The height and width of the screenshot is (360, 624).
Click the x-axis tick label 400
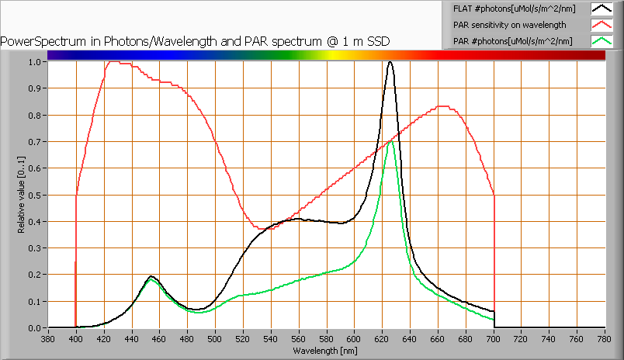pyautogui.click(x=76, y=338)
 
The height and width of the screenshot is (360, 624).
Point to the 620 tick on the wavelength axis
pyautogui.click(x=383, y=338)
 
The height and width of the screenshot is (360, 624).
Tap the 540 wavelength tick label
pyautogui.click(x=271, y=338)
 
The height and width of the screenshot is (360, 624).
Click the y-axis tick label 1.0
pyautogui.click(x=34, y=62)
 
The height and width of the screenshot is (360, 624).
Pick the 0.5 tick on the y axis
pyautogui.click(x=34, y=195)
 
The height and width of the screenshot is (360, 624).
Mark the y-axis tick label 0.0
pyautogui.click(x=34, y=328)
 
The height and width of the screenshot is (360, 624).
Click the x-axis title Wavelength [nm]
pyautogui.click(x=327, y=351)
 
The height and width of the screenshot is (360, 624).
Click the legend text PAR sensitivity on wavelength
pyautogui.click(x=504, y=25)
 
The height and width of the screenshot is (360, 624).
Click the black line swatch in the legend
pyautogui.click(x=602, y=9)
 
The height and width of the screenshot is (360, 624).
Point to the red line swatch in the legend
pyautogui.click(x=602, y=25)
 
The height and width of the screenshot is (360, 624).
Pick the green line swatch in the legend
pyautogui.click(x=602, y=41)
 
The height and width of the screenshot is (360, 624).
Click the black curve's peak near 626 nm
pyautogui.click(x=390, y=62)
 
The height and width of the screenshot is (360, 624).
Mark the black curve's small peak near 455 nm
pyautogui.click(x=151, y=276)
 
